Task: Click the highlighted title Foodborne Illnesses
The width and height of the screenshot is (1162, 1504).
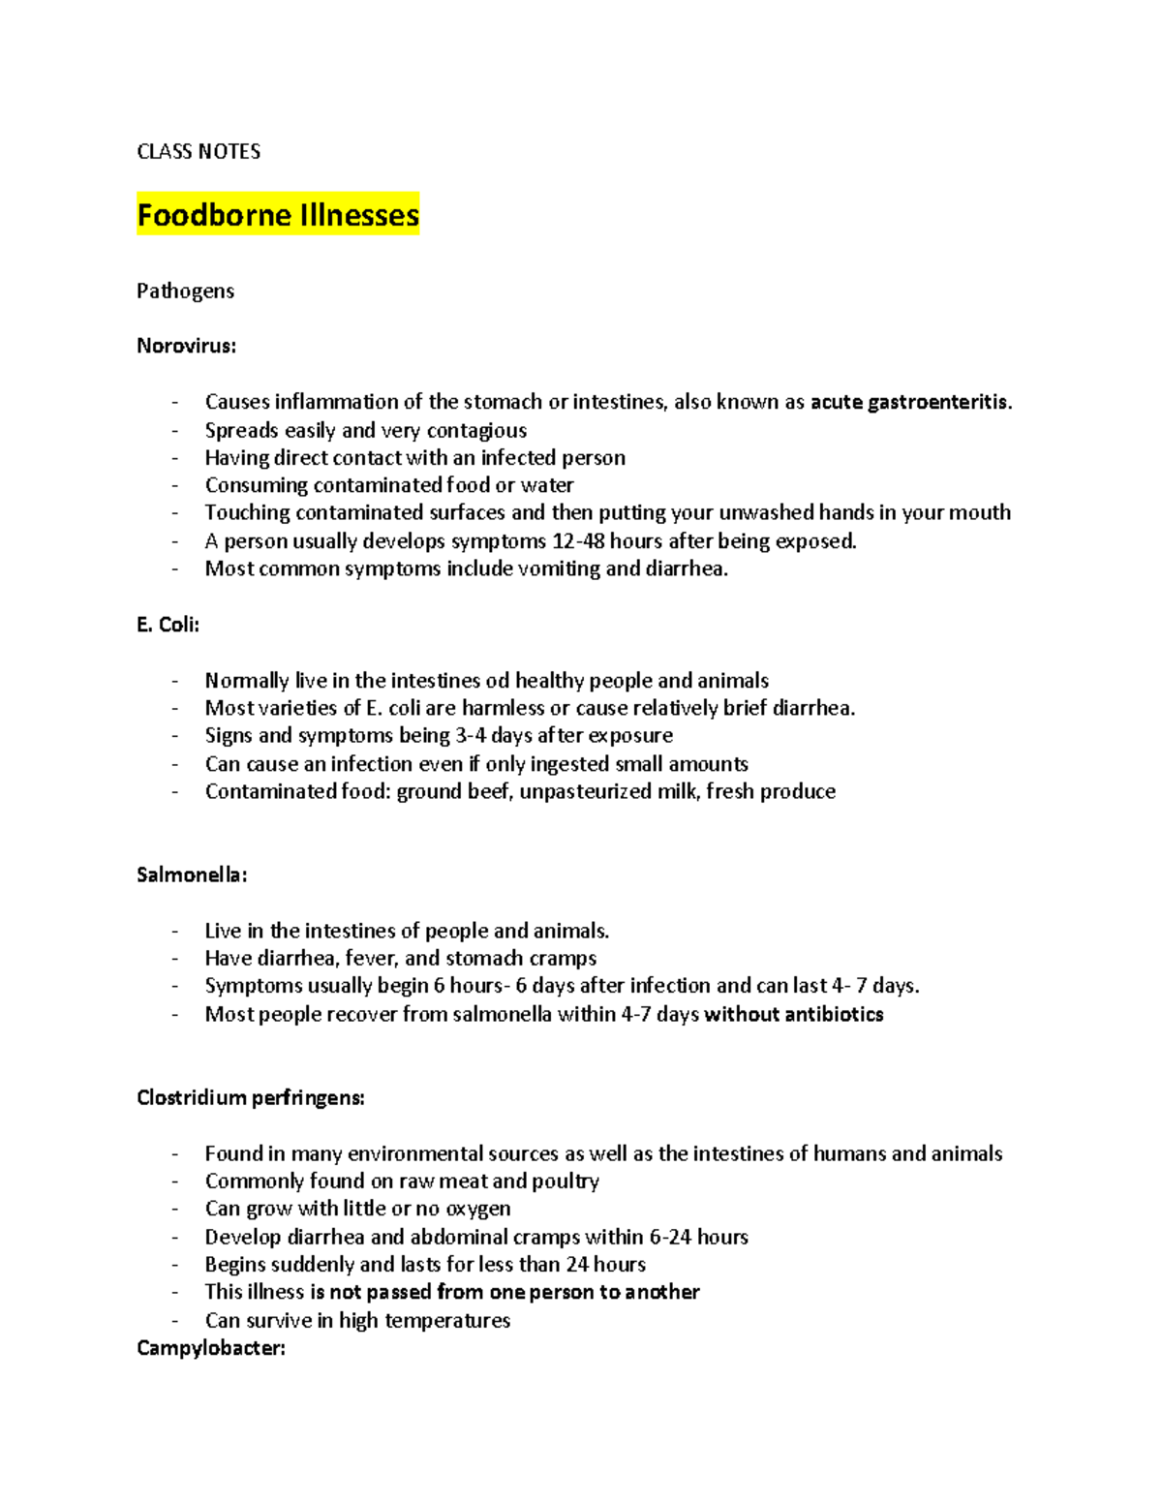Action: click(x=278, y=214)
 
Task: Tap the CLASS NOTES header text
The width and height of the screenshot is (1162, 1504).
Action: click(x=199, y=151)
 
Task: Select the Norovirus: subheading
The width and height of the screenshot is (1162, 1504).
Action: click(x=186, y=346)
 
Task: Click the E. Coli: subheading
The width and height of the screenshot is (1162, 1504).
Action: click(x=168, y=625)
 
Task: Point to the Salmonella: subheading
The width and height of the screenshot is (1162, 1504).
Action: click(x=192, y=875)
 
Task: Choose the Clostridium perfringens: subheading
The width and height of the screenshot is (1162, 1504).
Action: click(x=251, y=1097)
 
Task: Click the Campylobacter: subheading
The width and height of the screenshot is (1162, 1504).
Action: click(x=211, y=1348)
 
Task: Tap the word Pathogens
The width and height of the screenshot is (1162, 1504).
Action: click(x=185, y=291)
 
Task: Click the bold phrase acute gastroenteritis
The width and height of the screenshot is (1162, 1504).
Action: click(x=909, y=402)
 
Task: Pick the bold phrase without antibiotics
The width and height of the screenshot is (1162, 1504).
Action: click(x=794, y=1014)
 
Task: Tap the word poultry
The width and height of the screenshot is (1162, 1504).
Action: click(x=566, y=1182)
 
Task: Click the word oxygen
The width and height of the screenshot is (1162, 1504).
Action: click(x=478, y=1209)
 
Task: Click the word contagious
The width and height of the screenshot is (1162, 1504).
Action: click(x=476, y=430)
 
